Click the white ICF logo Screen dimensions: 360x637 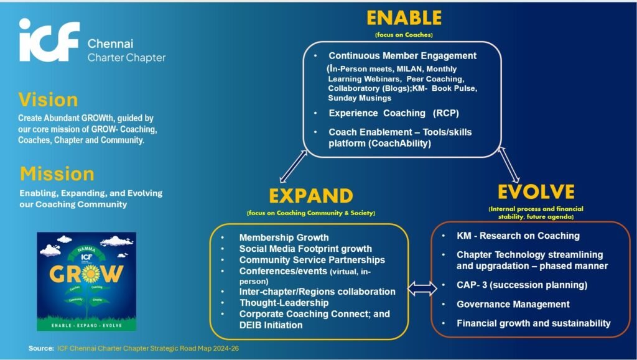click(49, 41)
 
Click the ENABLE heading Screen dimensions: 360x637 click(404, 17)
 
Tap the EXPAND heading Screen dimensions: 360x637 click(310, 195)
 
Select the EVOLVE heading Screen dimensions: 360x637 click(536, 191)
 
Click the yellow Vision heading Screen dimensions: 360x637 click(48, 99)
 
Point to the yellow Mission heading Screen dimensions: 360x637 click(57, 173)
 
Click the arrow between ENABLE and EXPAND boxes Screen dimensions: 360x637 click(293, 166)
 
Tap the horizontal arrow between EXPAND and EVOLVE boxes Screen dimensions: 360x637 click(420, 288)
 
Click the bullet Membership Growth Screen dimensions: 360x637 click(284, 237)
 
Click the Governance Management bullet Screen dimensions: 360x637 click(513, 304)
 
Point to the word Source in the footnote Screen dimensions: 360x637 click(40, 349)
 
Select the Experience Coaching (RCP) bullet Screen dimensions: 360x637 click(393, 113)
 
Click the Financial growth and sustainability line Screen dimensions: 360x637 click(533, 323)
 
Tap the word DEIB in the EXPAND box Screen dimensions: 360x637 click(252, 325)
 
